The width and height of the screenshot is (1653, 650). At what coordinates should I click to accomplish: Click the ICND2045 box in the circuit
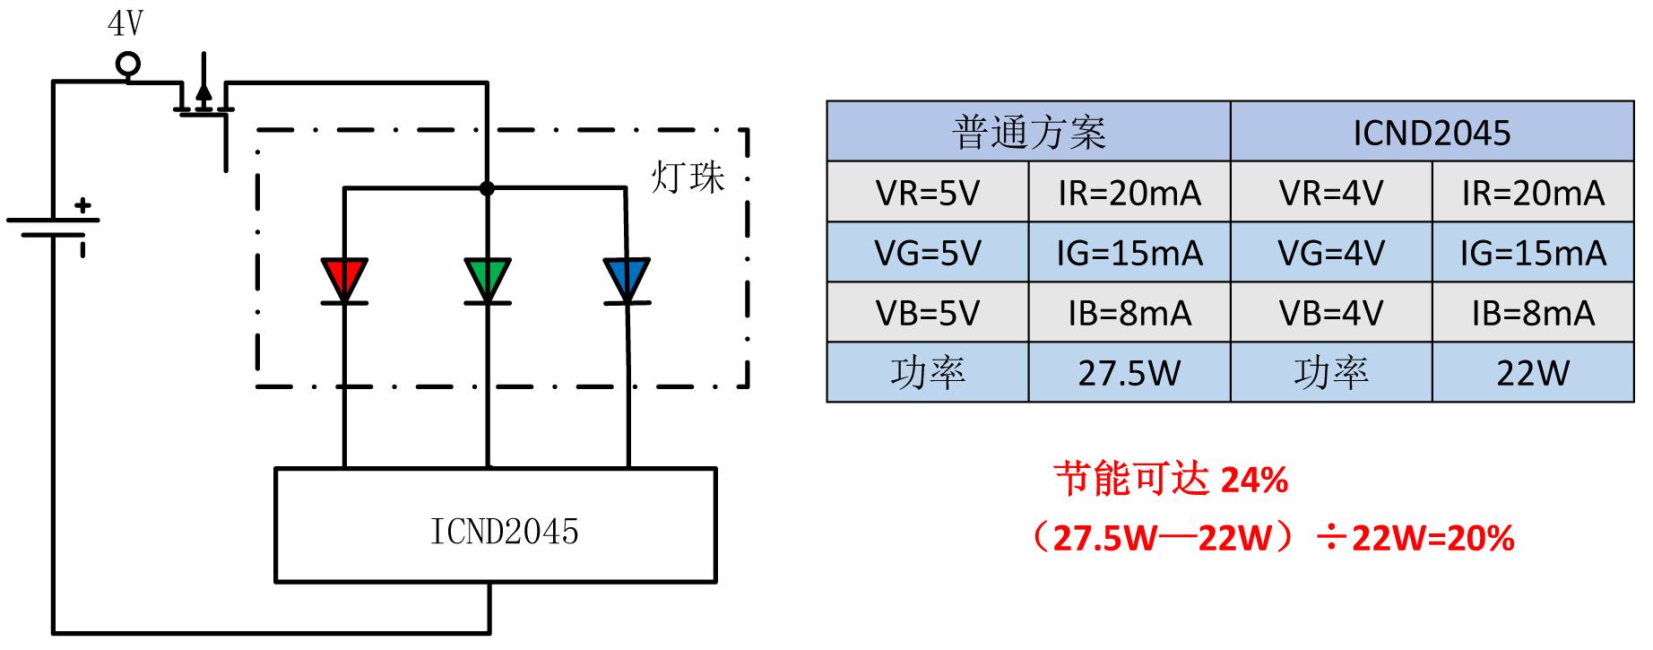[495, 525]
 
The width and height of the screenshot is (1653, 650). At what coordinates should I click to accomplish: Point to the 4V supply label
[125, 24]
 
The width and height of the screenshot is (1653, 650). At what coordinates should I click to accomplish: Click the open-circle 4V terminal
[128, 65]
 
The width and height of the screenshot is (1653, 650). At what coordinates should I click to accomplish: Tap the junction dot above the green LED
[487, 188]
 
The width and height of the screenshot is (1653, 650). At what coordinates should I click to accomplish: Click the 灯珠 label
[688, 177]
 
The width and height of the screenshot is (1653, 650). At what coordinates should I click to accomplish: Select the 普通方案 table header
[1028, 133]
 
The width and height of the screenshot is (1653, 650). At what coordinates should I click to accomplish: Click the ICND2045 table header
[1432, 133]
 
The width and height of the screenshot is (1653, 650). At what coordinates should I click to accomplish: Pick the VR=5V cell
[928, 193]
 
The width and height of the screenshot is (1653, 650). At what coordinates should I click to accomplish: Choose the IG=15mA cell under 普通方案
[1129, 253]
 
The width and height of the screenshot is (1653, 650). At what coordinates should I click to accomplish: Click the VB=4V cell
[1331, 313]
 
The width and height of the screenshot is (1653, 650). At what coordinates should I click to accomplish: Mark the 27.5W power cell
[1129, 372]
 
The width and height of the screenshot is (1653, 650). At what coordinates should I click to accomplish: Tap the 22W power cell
[1532, 372]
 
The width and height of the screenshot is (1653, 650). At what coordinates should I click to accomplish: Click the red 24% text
[1255, 481]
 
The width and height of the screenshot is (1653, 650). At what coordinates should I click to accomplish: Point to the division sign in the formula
[1329, 538]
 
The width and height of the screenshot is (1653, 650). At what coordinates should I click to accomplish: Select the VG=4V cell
[1331, 253]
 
